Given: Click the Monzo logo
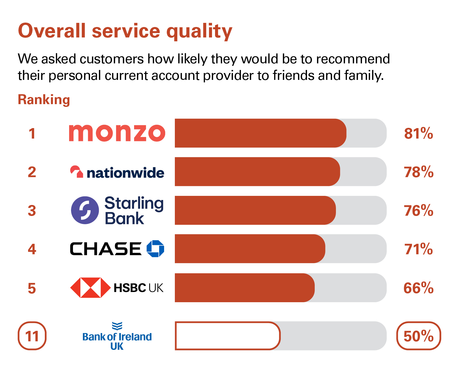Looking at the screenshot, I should tap(117, 133).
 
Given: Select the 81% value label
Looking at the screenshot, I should tap(418, 134).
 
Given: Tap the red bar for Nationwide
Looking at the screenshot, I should tap(257, 172).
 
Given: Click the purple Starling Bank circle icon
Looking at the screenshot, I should tap(85, 210).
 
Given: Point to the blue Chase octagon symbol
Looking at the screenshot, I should tap(155, 249).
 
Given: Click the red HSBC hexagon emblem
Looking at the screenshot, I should tap(90, 288).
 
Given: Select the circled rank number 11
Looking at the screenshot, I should tap(32, 336).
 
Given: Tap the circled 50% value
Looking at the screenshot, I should tap(418, 336).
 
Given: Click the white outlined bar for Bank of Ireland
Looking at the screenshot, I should tap(227, 336).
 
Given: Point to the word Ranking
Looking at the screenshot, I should tap(44, 100).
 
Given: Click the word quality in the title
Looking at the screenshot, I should tap(199, 31).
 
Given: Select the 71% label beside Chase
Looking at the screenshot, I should tap(418, 249).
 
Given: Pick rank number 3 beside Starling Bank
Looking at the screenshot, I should tap(32, 211).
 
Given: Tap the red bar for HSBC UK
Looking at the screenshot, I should tap(245, 288).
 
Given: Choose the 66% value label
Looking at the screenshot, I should tap(418, 288).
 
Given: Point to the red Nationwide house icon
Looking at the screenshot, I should tap(76, 172).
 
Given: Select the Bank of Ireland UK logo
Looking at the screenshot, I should tap(117, 336).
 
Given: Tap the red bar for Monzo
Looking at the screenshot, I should tap(260, 133).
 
